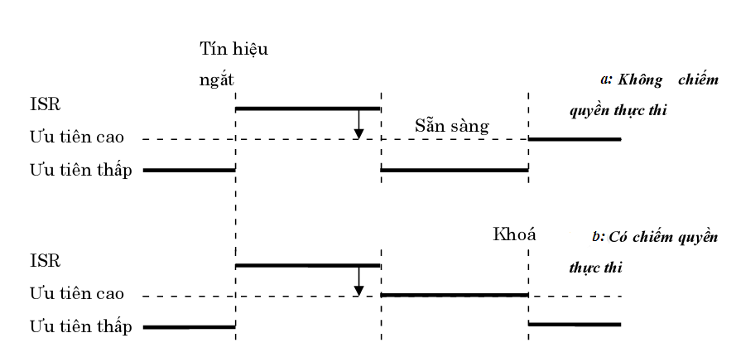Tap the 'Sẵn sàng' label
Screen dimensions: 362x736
pos(452,126)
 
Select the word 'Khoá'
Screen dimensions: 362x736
pos(514,234)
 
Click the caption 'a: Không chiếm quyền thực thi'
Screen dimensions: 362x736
pos(642,94)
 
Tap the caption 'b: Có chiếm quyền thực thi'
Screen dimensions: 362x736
pos(642,252)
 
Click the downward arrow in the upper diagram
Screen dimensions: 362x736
pos(358,124)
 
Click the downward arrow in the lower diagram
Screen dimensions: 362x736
pos(358,281)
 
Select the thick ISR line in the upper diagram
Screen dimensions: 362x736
pos(307,109)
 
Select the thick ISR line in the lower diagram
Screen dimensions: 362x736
pos(307,265)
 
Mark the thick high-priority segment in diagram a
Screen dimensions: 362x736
pos(575,139)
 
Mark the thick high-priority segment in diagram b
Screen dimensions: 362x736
pos(454,294)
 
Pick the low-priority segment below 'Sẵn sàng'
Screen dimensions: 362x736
pos(454,171)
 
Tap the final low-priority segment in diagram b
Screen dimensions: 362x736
pos(575,324)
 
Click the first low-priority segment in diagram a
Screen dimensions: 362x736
pos(190,171)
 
